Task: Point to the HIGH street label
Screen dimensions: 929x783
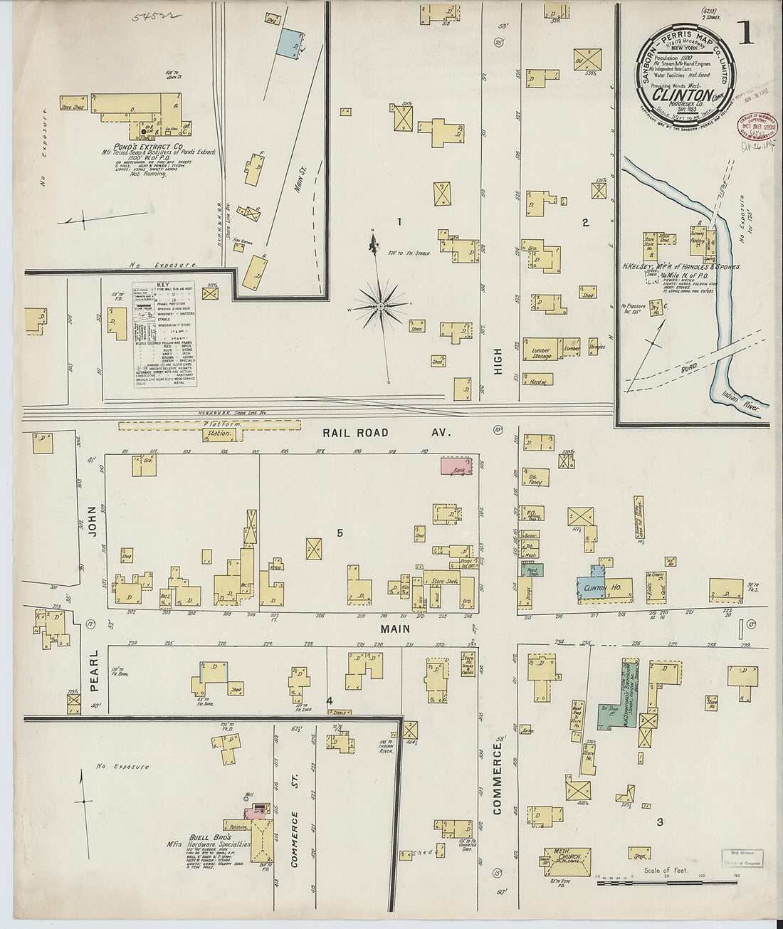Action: [x=498, y=361]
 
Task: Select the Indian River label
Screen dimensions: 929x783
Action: [x=740, y=402]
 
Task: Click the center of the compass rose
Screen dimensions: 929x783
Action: [x=381, y=307]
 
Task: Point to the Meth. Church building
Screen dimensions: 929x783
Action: [x=567, y=856]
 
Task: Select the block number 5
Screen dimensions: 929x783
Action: [x=340, y=532]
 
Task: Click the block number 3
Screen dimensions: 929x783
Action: [x=660, y=822]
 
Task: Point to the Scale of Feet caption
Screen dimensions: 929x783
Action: [x=666, y=870]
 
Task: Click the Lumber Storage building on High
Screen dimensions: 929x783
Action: [x=542, y=351]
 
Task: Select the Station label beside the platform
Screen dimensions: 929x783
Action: [x=219, y=433]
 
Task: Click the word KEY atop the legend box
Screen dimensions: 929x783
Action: [x=163, y=284]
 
